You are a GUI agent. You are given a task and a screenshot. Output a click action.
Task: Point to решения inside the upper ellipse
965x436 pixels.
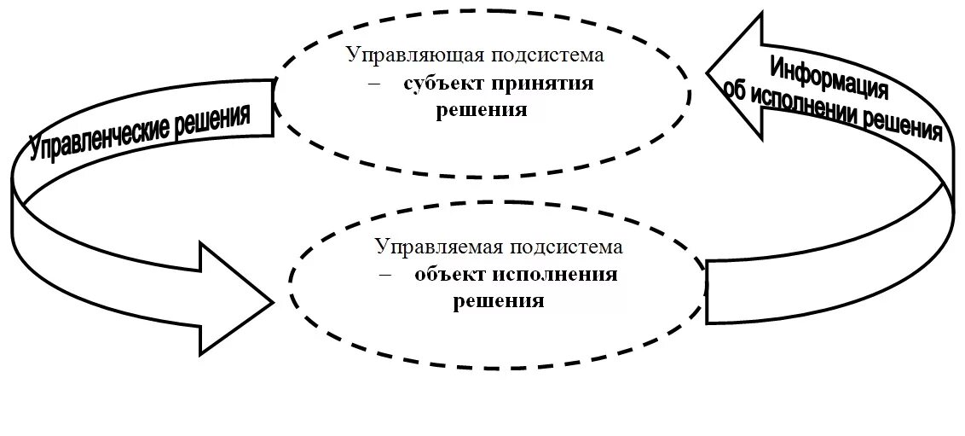(x=482, y=111)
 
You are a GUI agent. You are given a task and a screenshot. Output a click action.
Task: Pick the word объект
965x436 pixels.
(x=449, y=275)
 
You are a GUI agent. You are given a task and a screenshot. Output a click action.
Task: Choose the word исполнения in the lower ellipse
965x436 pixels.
(x=556, y=275)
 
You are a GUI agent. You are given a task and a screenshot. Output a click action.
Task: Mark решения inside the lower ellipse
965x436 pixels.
(x=499, y=301)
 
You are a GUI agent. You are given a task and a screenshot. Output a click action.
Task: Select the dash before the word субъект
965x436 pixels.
(x=373, y=84)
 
